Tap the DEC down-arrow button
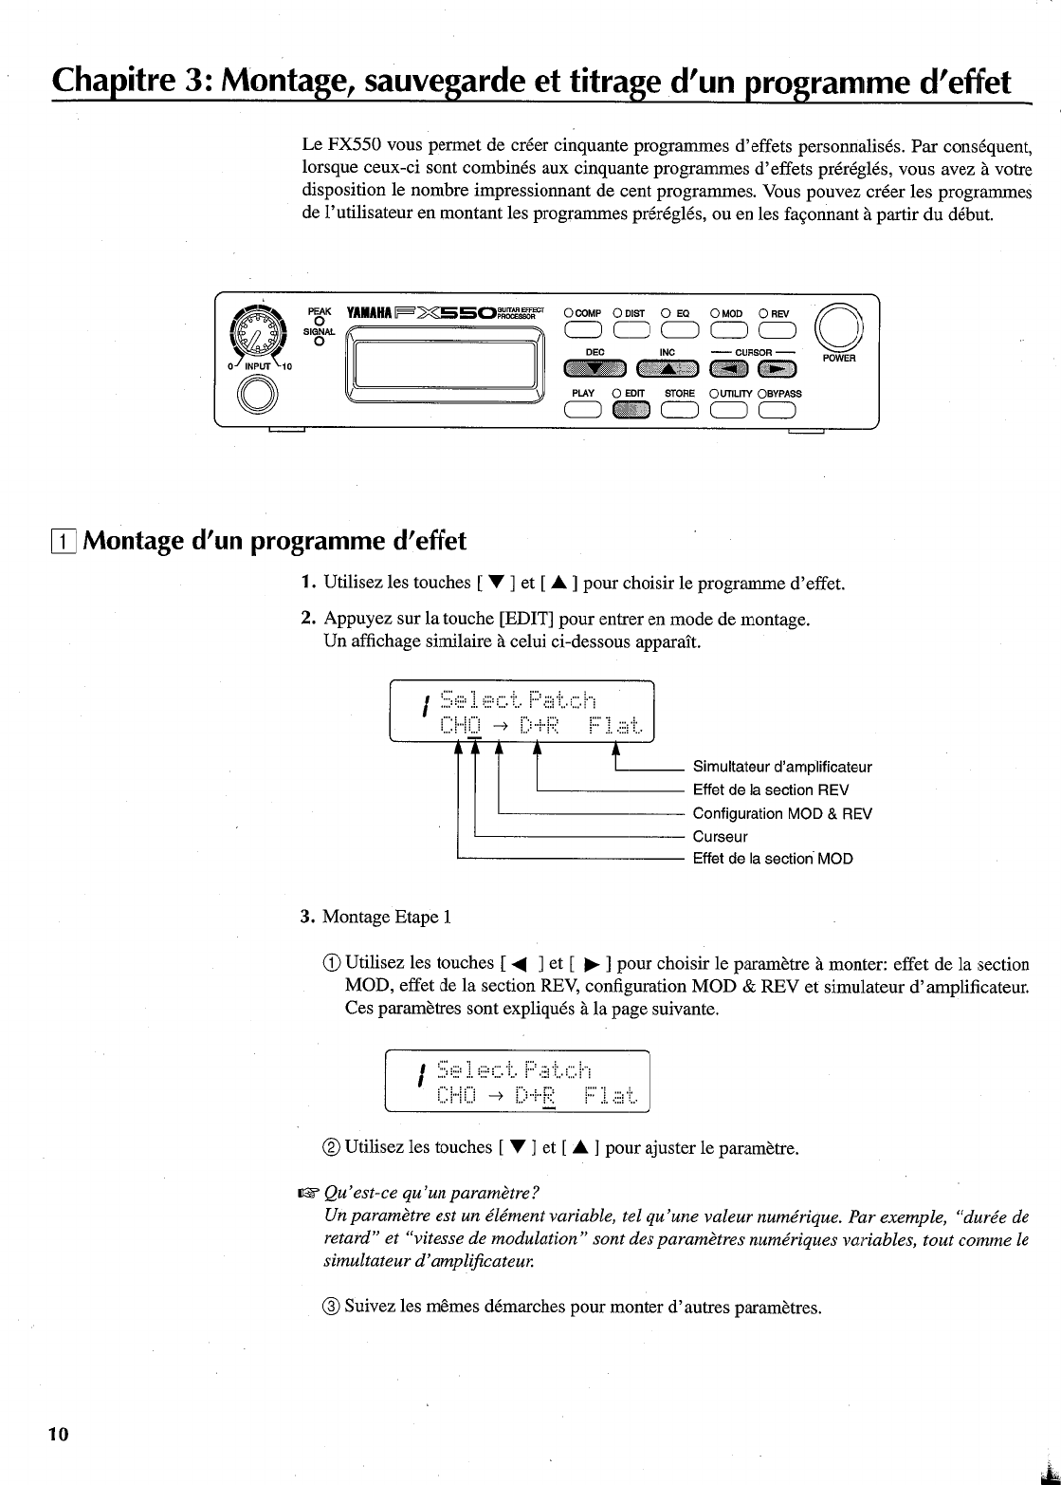pos(595,370)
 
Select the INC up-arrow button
pos(668,370)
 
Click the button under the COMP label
pos(584,330)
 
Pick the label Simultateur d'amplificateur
pos(781,767)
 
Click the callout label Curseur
pos(720,836)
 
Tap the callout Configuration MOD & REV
pos(781,813)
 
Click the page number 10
pos(59,1434)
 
